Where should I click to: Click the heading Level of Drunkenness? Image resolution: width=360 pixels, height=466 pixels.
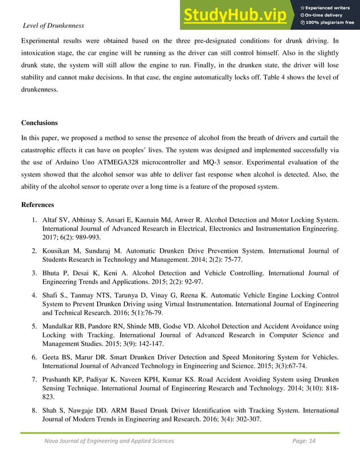tap(53, 25)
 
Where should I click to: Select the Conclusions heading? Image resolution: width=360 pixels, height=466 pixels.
tap(39, 122)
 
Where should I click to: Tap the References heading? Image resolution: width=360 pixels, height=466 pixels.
tap(37, 205)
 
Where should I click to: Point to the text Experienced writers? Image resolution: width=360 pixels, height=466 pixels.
tap(330, 7)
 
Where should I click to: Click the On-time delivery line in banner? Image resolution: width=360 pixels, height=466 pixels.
tap(326, 15)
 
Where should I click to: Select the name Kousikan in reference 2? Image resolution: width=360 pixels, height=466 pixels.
tap(58, 250)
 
